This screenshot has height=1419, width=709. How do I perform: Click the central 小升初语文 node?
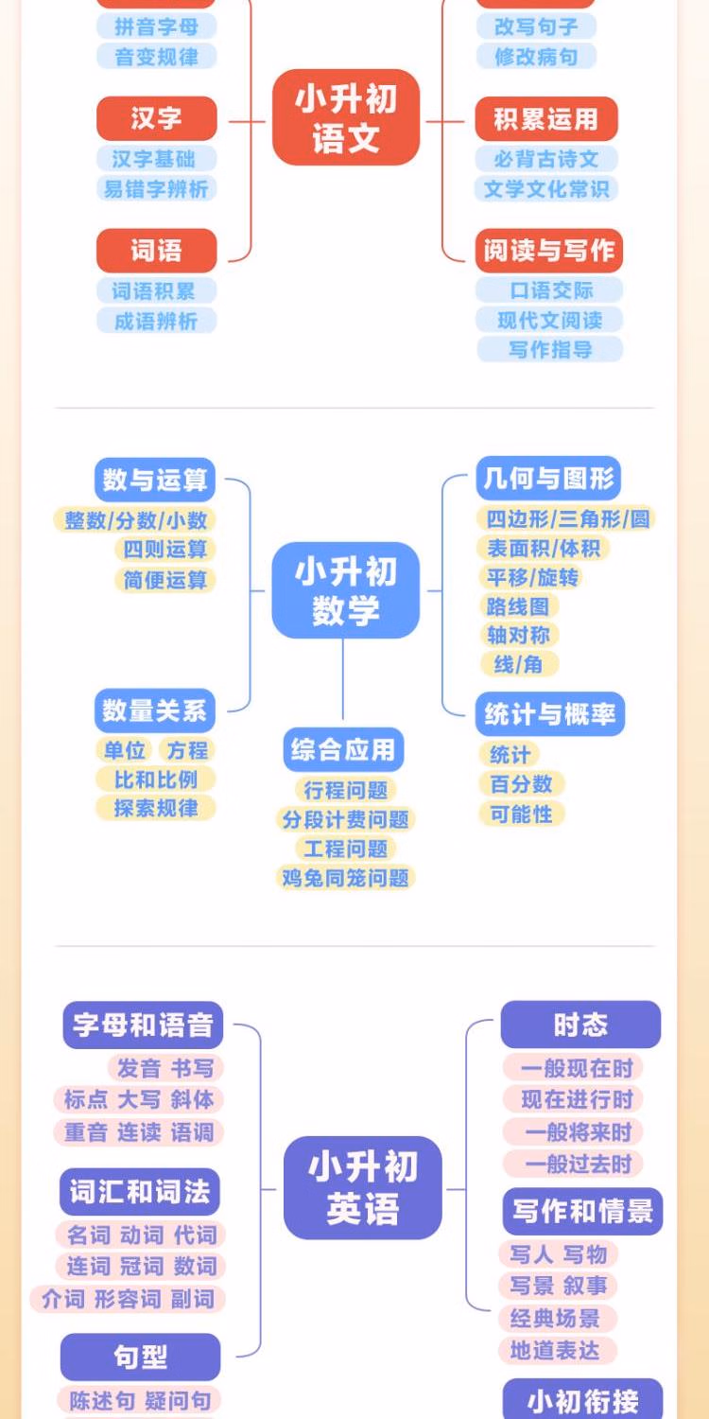(x=346, y=118)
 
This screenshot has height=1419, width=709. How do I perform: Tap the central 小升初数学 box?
(x=346, y=590)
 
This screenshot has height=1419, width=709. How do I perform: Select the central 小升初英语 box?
(x=363, y=1188)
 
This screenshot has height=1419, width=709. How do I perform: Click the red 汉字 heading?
(x=157, y=118)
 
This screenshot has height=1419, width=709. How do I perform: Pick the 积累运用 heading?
(x=546, y=119)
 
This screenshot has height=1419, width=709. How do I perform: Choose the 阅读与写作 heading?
(x=549, y=251)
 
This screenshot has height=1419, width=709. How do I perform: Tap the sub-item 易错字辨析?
(x=157, y=188)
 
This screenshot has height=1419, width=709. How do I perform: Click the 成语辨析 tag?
(x=157, y=321)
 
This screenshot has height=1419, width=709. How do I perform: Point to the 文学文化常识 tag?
(x=546, y=188)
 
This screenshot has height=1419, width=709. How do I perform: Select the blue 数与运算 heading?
(x=155, y=480)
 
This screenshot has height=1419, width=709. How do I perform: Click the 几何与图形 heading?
(x=549, y=479)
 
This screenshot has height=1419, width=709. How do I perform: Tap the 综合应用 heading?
(x=343, y=750)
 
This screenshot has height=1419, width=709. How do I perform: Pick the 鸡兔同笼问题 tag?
(x=346, y=878)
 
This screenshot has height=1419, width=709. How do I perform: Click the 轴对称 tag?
(x=518, y=635)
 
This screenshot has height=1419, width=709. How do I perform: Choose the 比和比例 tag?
(x=156, y=780)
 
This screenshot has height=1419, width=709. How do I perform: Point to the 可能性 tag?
(x=521, y=814)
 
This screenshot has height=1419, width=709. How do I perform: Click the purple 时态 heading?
(x=580, y=1025)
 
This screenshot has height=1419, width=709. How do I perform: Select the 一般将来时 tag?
(x=578, y=1131)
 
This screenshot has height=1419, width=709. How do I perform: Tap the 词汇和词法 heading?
(x=140, y=1192)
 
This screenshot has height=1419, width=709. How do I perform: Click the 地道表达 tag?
(x=556, y=1350)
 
